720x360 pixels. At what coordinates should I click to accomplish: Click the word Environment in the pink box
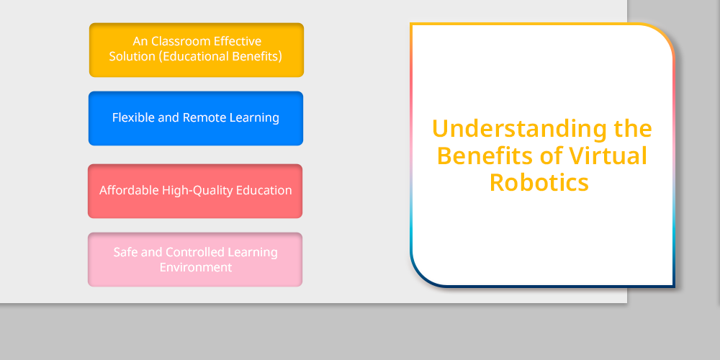point(196,267)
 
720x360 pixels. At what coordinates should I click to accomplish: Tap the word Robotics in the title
point(539,182)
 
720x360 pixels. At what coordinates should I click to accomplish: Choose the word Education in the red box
point(264,190)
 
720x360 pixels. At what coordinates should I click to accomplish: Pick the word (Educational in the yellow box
point(193,56)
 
